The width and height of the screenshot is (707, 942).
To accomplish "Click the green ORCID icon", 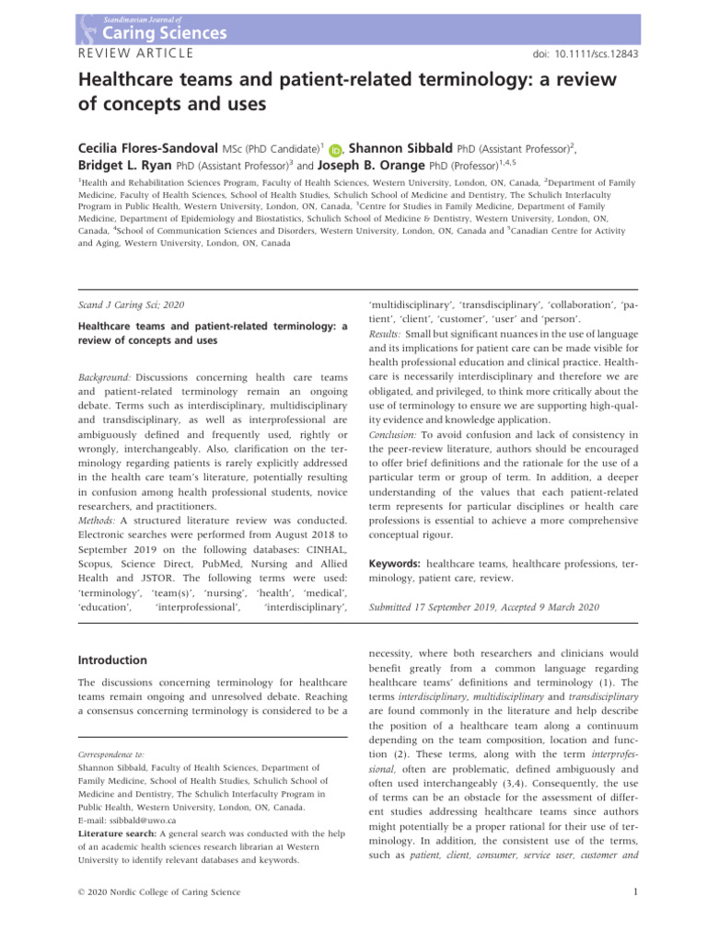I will pos(335,150).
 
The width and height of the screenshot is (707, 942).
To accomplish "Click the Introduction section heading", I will pos(111,660).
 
